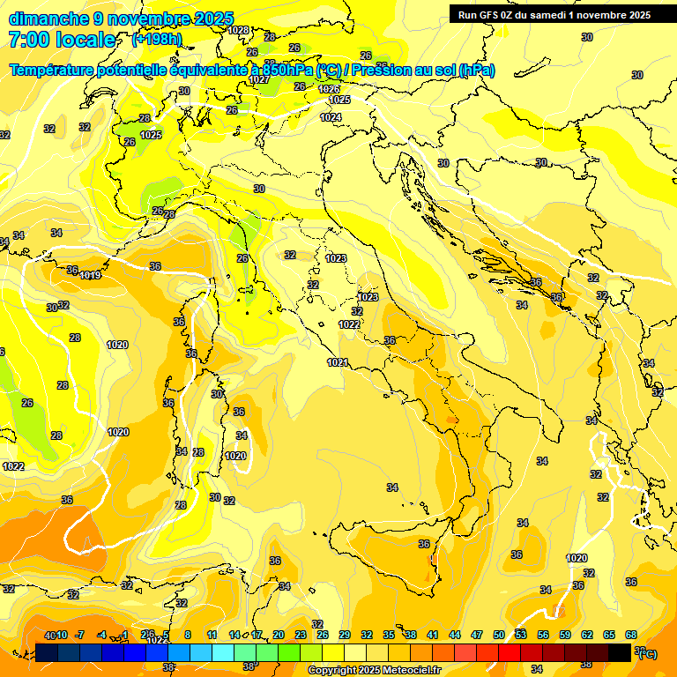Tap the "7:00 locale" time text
tap(62, 40)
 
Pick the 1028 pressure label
tap(238, 30)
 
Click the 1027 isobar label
tap(259, 79)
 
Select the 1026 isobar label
tap(330, 89)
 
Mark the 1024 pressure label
tap(331, 117)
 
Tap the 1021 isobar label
tap(337, 362)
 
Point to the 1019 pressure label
tap(90, 275)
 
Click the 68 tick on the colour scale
tap(631, 635)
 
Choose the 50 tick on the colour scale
tap(499, 635)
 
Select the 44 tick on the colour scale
tap(455, 635)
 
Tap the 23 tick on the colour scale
tap(300, 635)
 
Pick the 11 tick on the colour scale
tap(212, 635)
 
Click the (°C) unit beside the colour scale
tap(646, 654)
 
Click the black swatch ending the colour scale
tap(620, 653)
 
